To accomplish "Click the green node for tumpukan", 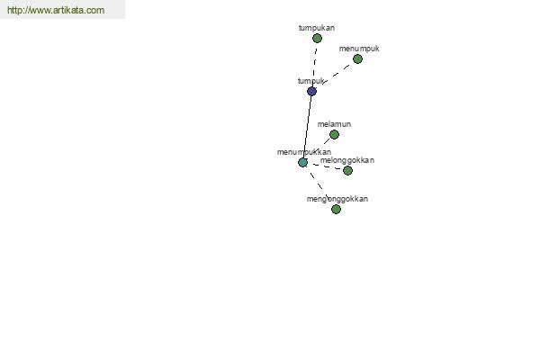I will pos(317,39).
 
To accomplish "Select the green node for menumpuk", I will pos(357,59).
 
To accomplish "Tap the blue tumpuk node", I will pos(311,91).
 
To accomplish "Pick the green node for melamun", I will pos(334,135).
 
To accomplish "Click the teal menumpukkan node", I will pos(303,162).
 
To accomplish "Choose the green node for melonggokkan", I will pos(347,170).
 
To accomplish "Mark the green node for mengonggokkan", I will pos(336,210).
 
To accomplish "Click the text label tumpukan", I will pos(317,28).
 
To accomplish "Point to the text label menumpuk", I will pos(359,49).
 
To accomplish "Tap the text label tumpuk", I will pos(310,81).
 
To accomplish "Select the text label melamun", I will pos(334,124).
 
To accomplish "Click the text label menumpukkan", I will pos(304,152).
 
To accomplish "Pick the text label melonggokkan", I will pos(347,160).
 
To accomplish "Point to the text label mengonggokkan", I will pos(337,199).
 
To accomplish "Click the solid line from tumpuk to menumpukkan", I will pos(308,126).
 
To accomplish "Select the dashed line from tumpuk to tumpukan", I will pos(314,65).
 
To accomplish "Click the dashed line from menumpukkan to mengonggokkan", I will pos(317,183).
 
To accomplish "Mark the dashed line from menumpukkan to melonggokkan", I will pos(326,166).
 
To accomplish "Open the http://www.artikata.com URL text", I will pos(56,10).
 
